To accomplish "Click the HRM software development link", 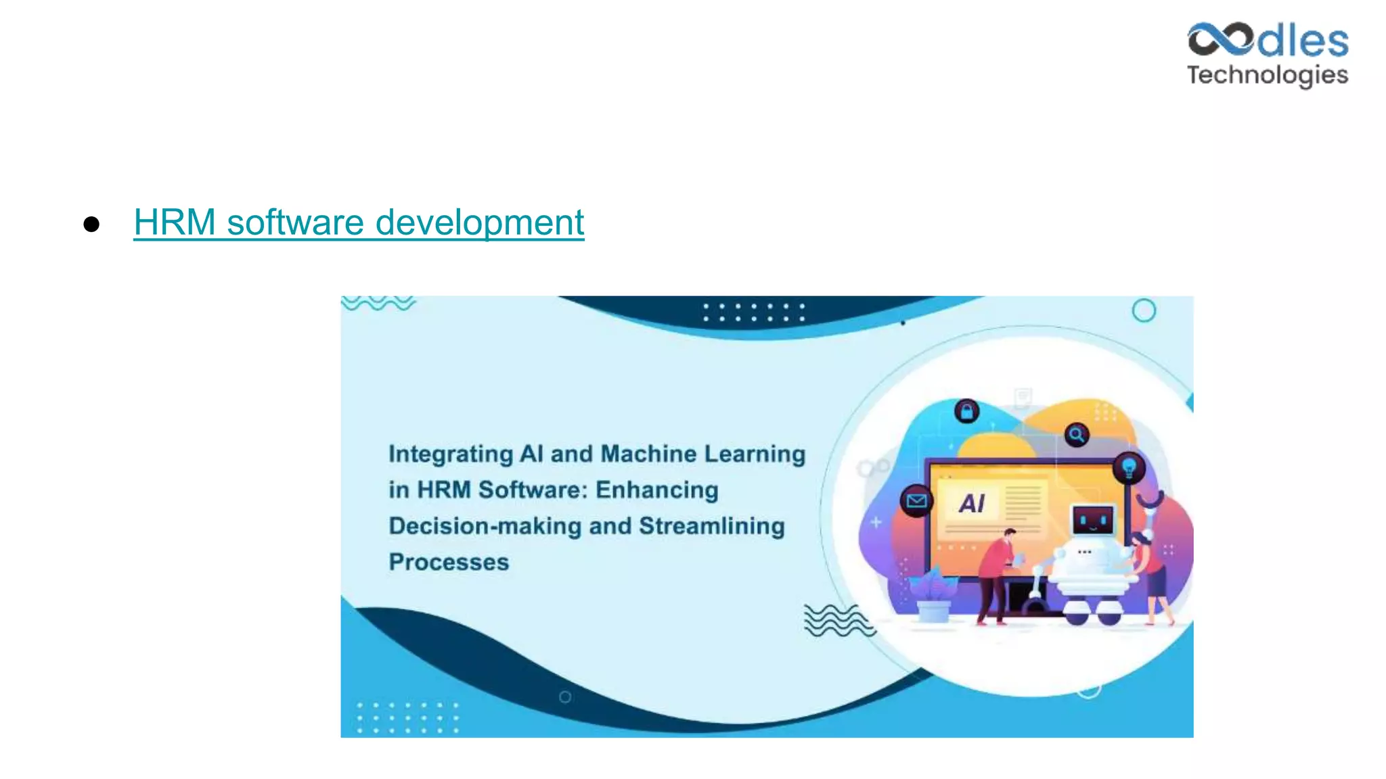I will click(x=359, y=222).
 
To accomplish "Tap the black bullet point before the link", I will click(x=91, y=225).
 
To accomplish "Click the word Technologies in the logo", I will click(x=1267, y=75).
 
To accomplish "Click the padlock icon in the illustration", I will click(x=966, y=410).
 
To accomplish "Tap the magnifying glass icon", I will click(x=1076, y=434).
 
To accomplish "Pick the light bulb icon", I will click(x=1128, y=467).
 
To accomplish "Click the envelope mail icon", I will click(x=916, y=501).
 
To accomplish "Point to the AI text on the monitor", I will click(x=972, y=504).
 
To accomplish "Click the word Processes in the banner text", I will click(x=449, y=563).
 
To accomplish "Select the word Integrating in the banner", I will click(x=451, y=454).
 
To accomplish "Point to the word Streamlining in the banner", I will click(x=711, y=526).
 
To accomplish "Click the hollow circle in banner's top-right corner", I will click(x=1144, y=311).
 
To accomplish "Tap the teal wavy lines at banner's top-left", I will click(x=378, y=304).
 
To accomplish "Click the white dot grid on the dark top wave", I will click(x=753, y=312).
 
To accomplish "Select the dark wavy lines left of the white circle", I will click(x=838, y=621).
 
